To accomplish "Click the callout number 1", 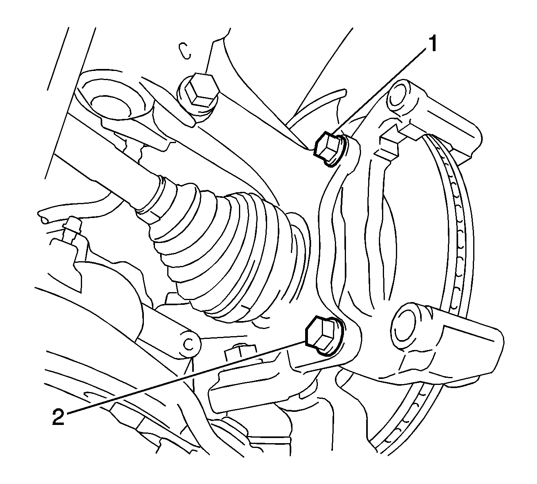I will (x=433, y=44).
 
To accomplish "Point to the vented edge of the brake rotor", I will (x=460, y=238).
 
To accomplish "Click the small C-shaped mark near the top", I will (x=185, y=51).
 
